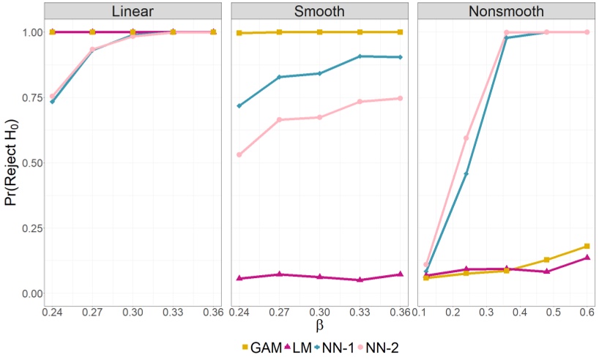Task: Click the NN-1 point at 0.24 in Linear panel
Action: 52,102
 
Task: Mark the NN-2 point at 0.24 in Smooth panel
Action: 239,154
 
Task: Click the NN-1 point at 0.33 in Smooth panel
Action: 360,56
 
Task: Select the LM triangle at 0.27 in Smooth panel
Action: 279,274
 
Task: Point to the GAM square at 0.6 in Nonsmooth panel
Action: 586,246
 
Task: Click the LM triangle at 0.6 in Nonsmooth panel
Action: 586,258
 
